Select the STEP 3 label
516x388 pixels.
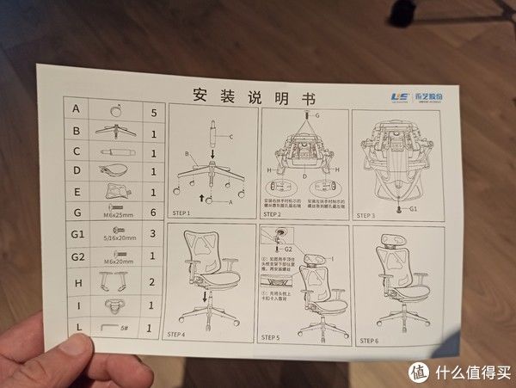click(x=367, y=216)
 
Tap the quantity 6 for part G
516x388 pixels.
click(x=153, y=212)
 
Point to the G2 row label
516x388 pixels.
click(x=77, y=256)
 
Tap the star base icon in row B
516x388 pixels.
click(x=115, y=132)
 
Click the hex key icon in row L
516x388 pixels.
click(x=108, y=328)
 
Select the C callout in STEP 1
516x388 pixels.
click(x=230, y=137)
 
